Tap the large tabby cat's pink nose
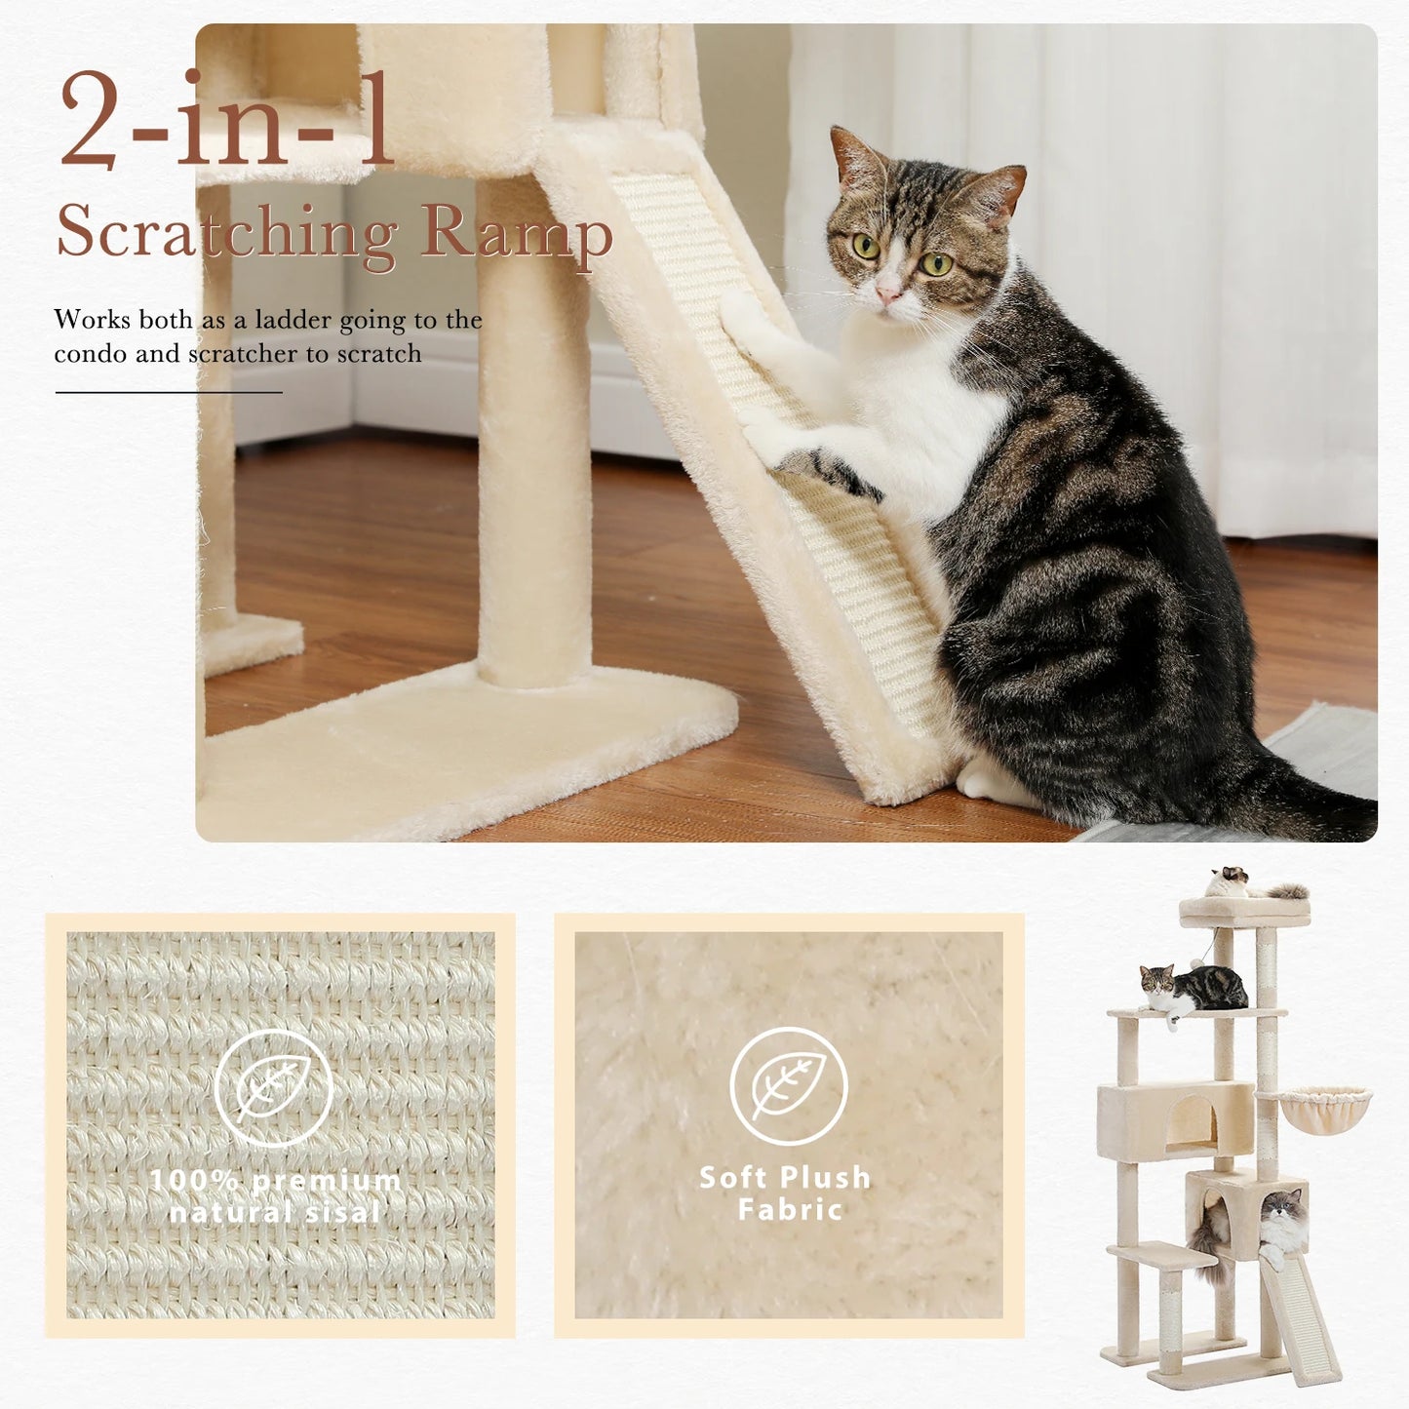click(887, 292)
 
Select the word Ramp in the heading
click(517, 234)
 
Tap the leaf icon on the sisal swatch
click(274, 1088)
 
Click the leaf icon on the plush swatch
click(789, 1085)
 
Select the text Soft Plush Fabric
click(786, 1194)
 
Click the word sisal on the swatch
click(333, 1212)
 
